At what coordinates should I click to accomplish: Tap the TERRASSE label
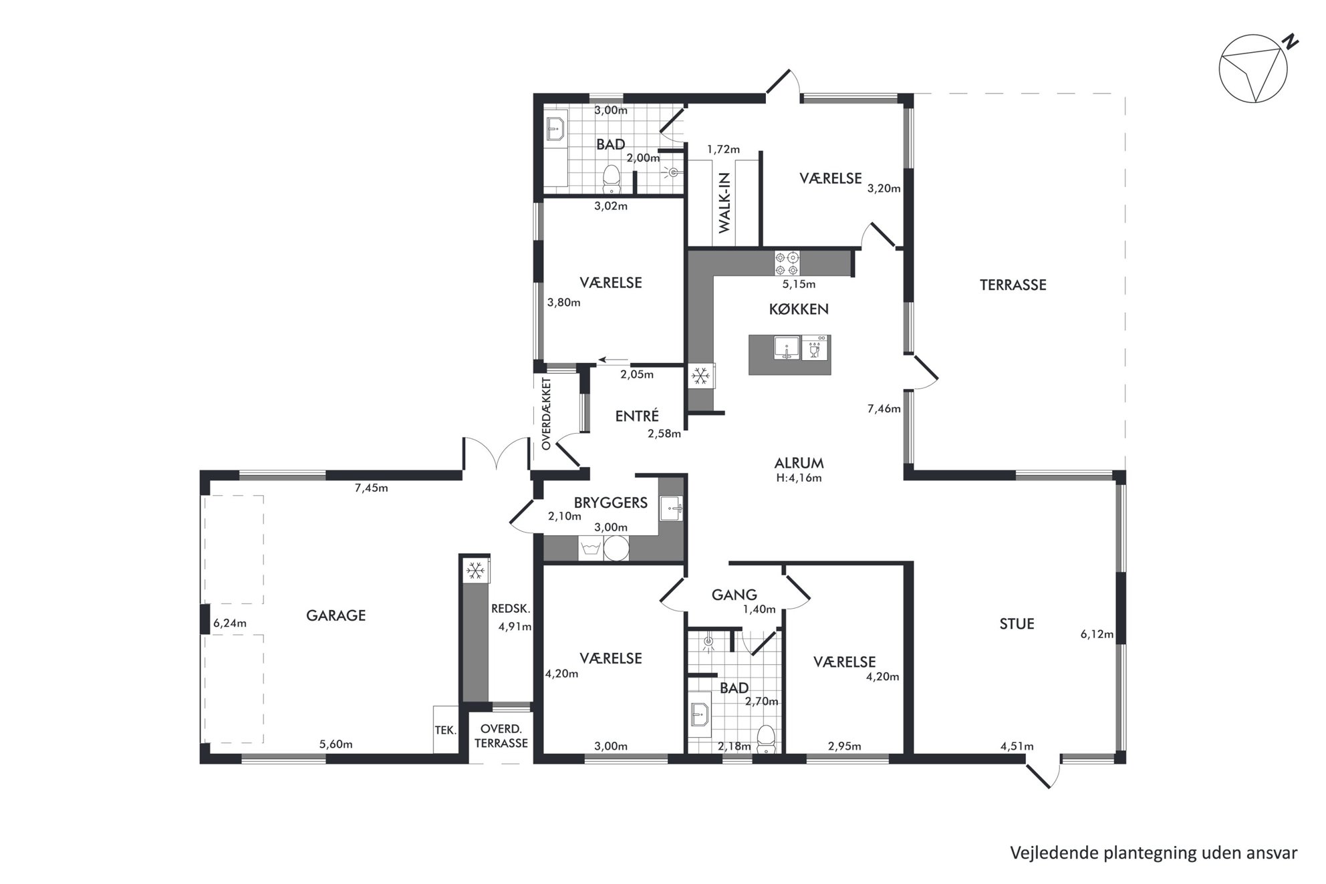[1013, 285]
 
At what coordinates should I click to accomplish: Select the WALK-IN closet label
[725, 202]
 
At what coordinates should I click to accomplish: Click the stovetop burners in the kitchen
[787, 263]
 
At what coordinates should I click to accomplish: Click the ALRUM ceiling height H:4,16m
[799, 478]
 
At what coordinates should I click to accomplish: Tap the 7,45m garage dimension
[371, 488]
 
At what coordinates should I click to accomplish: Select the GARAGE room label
[336, 615]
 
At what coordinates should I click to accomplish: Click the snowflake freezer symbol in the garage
[475, 570]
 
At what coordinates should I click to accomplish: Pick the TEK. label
[446, 730]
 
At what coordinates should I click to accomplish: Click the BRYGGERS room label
[611, 502]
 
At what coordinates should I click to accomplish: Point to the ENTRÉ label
[637, 416]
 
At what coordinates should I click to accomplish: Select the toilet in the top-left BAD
[611, 177]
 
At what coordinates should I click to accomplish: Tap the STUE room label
[1017, 624]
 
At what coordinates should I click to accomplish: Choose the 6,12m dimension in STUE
[1097, 634]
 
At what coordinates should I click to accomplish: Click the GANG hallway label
[734, 595]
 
